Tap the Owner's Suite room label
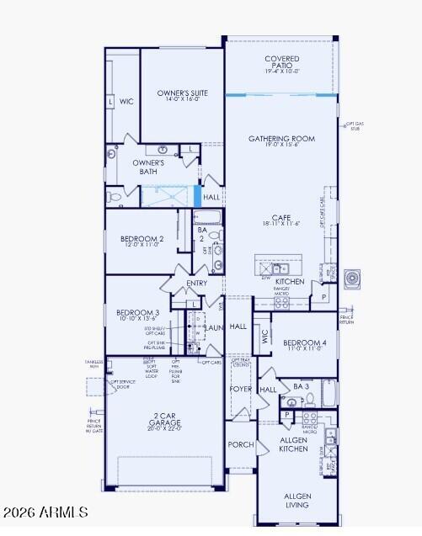tap(182, 97)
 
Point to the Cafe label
tap(281, 220)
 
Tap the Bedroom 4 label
tap(304, 346)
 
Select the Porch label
tap(241, 444)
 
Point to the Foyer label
tap(241, 390)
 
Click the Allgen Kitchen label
tap(295, 444)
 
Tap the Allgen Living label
tap(296, 501)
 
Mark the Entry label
tap(196, 283)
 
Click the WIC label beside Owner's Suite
tap(126, 102)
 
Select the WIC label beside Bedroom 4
tap(264, 337)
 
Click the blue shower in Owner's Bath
tap(167, 196)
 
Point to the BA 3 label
tap(301, 386)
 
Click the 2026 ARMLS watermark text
tap(45, 512)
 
